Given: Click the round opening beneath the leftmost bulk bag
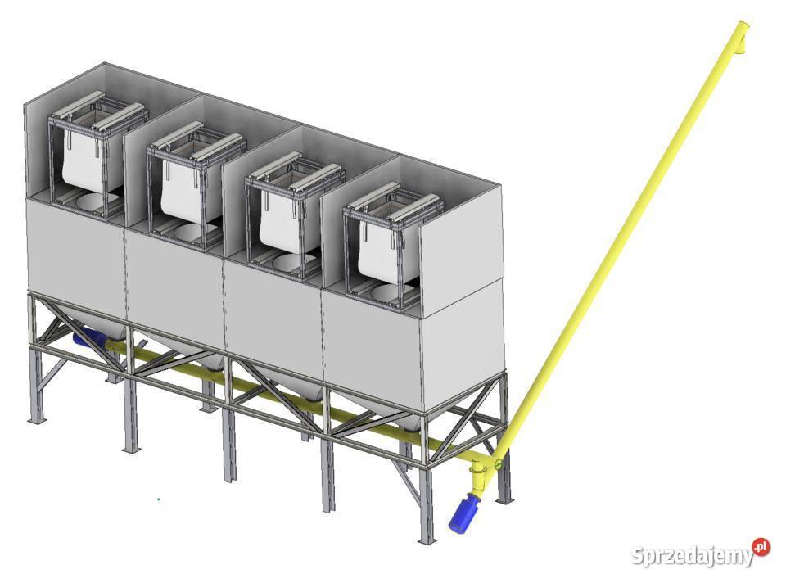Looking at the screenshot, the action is [x=97, y=202].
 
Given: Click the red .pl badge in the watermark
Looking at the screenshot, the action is [x=761, y=547].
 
